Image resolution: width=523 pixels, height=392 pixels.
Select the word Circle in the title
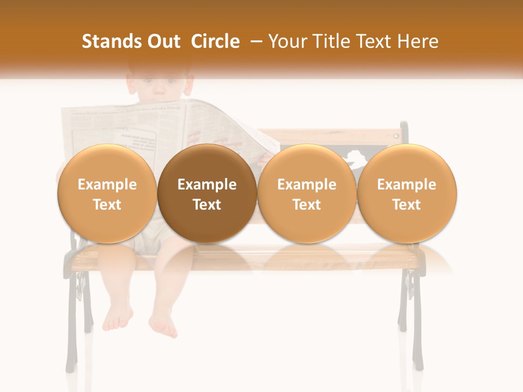pos(215,42)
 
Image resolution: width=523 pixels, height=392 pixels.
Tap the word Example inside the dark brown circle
pos(207,185)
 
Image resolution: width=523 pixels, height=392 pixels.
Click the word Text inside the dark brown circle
pos(207,205)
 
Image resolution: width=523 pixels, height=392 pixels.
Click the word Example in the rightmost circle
pos(406,185)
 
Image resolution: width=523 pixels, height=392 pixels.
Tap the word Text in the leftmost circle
pos(107,205)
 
